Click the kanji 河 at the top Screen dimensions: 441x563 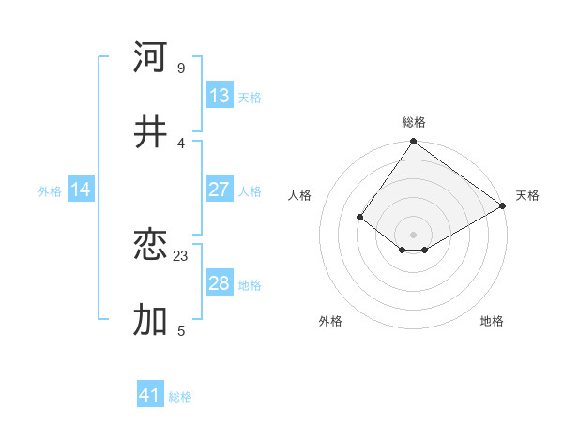point(150,57)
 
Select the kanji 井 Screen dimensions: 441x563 point(150,132)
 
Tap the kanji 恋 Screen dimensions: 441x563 point(150,245)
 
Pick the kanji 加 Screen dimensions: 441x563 point(150,320)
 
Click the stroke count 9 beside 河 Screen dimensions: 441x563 point(181,68)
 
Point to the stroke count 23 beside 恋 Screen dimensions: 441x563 point(181,255)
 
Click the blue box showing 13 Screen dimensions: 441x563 point(220,96)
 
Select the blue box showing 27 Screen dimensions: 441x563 point(220,190)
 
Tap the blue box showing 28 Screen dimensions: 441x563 point(220,283)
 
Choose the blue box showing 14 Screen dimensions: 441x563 point(81,190)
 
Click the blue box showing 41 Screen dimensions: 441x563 point(150,395)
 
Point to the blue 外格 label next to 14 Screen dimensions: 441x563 point(50,190)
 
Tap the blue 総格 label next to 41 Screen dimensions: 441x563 point(180,397)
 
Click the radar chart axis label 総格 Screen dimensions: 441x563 point(414,122)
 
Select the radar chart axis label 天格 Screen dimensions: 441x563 point(527,195)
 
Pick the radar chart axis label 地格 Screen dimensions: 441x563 point(492,321)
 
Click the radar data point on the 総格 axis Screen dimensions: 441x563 point(414,143)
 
